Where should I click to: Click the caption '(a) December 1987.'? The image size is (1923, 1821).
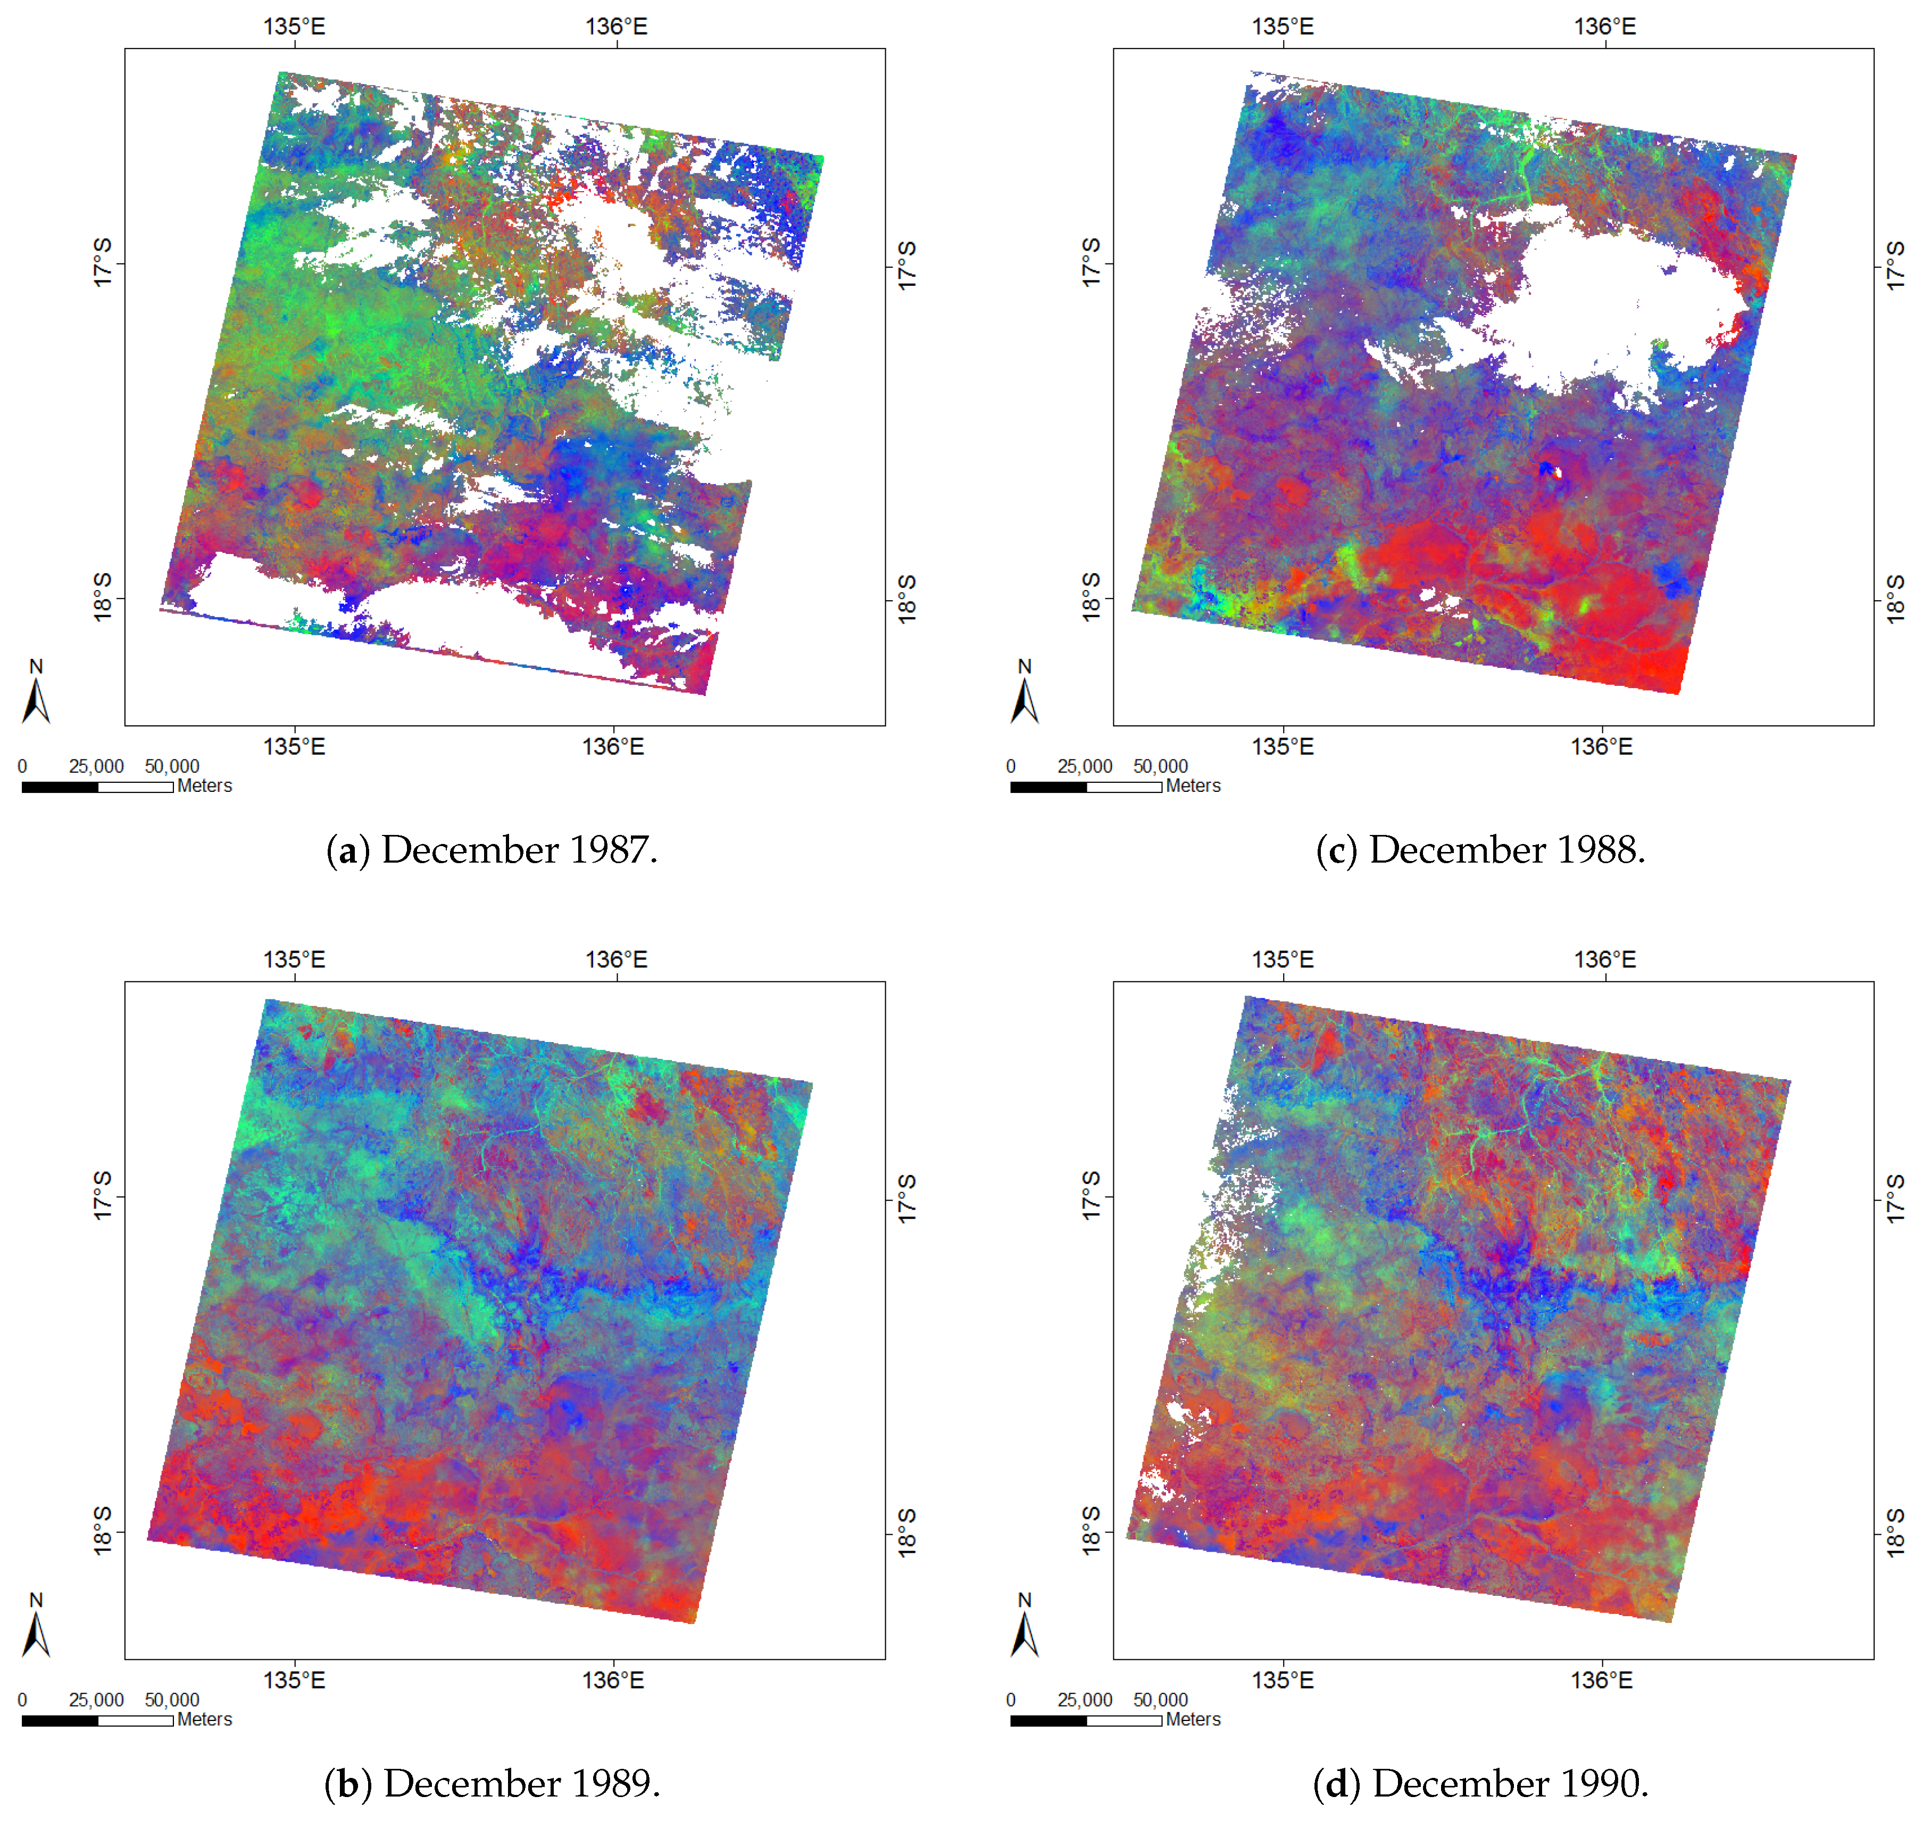[x=492, y=850]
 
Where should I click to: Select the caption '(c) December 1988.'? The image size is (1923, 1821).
[x=1480, y=850]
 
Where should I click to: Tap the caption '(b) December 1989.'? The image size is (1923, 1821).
[x=492, y=1783]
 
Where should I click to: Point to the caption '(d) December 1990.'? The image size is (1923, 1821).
[x=1480, y=1783]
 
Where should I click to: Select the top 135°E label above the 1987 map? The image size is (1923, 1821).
[x=294, y=26]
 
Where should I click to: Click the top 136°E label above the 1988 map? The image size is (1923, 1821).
[x=1605, y=26]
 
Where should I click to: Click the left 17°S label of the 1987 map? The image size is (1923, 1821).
[x=103, y=263]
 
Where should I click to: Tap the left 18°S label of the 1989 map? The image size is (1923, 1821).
[x=103, y=1532]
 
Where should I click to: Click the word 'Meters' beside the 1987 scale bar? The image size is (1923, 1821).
[x=205, y=787]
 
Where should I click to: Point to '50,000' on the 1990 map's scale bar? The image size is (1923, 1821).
[x=1160, y=1700]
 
